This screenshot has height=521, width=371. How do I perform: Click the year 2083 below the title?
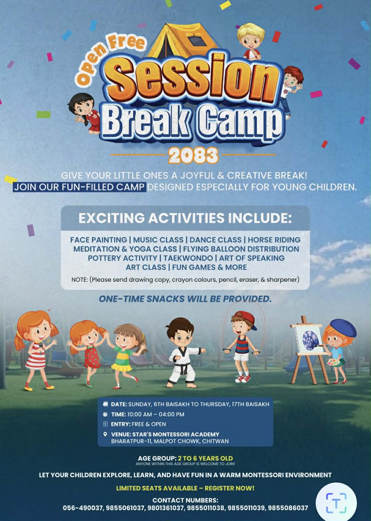[x=193, y=155]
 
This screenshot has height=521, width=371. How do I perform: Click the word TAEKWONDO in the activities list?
[x=188, y=258]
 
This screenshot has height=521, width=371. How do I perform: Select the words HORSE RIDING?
[x=274, y=240]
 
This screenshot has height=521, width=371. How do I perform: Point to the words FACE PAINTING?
[x=99, y=240]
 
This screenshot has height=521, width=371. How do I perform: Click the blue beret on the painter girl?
[x=343, y=328]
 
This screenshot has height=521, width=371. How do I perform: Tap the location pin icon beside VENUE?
[x=105, y=434]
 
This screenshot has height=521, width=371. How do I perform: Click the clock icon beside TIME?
[x=105, y=414]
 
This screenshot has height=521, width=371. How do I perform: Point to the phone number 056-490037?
[x=83, y=508]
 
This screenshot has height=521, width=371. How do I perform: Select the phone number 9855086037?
[x=288, y=508]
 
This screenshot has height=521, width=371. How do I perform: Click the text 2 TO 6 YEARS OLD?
[x=205, y=458]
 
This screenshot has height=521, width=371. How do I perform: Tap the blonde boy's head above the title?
[x=251, y=36]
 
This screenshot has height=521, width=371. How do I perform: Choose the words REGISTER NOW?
[x=229, y=488]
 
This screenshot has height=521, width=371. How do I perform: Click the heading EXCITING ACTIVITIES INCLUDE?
[x=185, y=218]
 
